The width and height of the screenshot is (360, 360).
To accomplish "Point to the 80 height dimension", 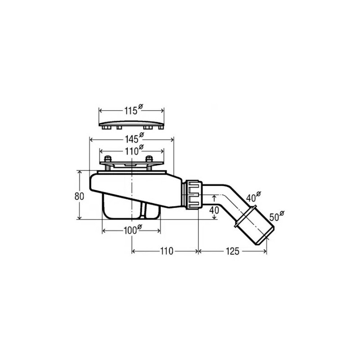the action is pos(79,196).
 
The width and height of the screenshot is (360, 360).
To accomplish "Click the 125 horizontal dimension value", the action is pos(232,251).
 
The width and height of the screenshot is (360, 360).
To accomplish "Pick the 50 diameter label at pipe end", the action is pos(277,216).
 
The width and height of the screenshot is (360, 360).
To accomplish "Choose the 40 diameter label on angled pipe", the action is pos(253,197).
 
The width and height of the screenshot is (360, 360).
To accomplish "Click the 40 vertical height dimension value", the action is pos(214,210).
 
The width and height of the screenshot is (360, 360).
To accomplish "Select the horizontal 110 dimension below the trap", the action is pos(166,251).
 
